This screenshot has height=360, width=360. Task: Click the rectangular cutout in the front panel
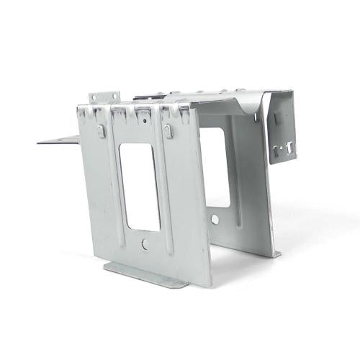[139, 186]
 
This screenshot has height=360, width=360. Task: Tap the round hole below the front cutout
[145, 244]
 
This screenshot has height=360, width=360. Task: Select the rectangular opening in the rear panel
[215, 167]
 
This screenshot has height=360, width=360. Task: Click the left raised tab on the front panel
[99, 130]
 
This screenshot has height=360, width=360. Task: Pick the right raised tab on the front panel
[167, 131]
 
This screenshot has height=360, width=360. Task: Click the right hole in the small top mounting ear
[112, 96]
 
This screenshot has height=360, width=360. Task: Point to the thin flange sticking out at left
[58, 139]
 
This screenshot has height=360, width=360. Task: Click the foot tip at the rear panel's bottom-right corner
[277, 253]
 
